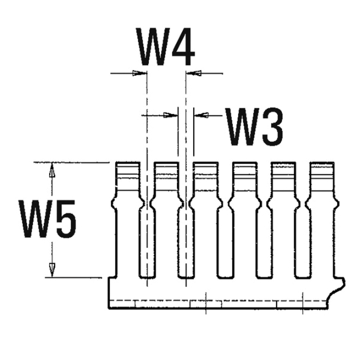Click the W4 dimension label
pos(165,46)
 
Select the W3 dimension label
pos(254,127)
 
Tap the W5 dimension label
pos(47,219)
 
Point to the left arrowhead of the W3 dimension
pos(170,115)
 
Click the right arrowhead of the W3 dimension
pos(201,115)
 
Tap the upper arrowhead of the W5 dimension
pos(52,170)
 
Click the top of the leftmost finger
pos(128,163)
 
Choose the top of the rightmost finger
pos(322,163)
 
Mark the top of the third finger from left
pos(205,163)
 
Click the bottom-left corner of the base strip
pos(109,309)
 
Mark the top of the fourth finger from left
pos(244,163)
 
